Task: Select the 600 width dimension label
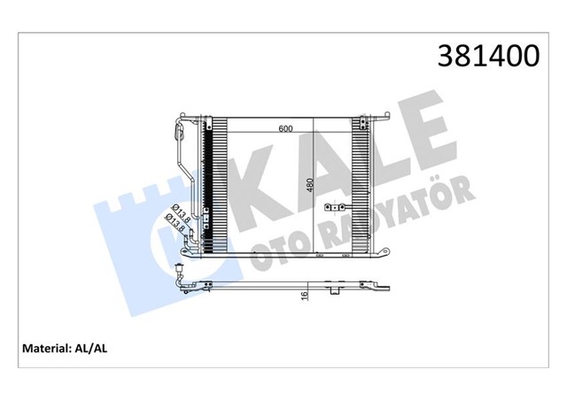(285, 129)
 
